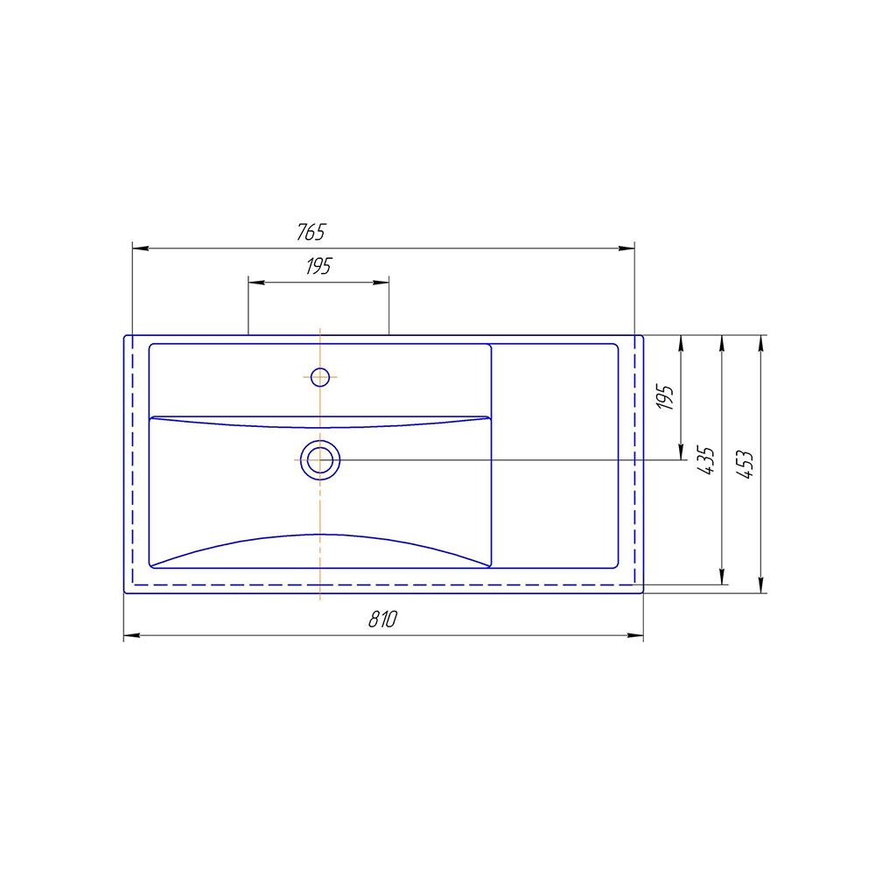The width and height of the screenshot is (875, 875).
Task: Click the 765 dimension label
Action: [311, 232]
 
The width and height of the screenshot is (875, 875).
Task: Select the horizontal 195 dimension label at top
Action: [318, 266]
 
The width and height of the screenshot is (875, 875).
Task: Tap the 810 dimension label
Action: [383, 619]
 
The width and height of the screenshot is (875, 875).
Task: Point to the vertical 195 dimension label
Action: [665, 397]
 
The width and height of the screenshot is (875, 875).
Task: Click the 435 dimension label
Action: [706, 460]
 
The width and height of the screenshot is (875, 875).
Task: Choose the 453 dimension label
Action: [745, 464]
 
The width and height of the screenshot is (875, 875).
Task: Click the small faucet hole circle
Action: [319, 377]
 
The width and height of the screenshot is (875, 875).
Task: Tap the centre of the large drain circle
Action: [320, 460]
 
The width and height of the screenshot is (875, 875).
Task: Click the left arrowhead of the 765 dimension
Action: [141, 248]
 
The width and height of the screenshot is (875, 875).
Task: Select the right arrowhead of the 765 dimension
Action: [626, 248]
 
